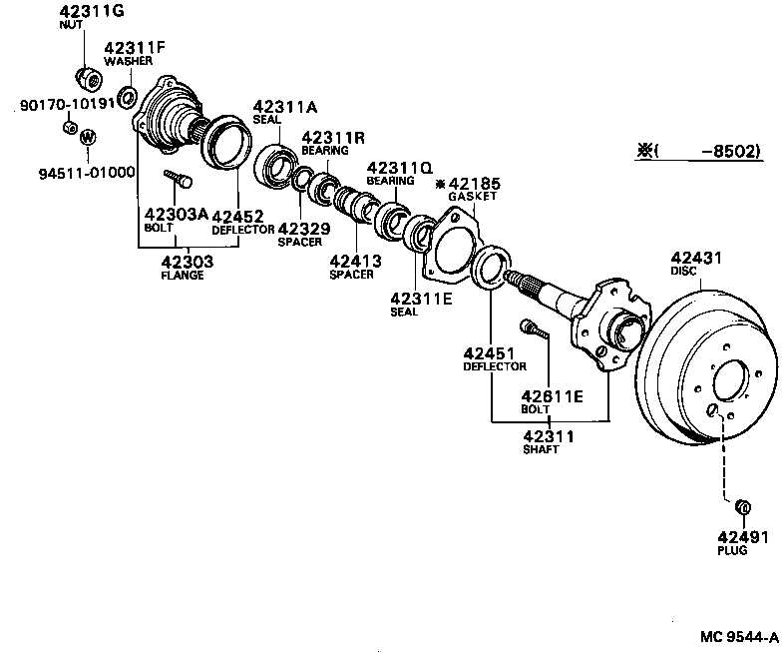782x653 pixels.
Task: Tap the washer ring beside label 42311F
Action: tap(128, 97)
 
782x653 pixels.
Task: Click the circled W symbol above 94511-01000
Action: tap(87, 137)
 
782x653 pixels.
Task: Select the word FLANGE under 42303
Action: tap(183, 275)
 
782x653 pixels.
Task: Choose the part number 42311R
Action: tap(333, 137)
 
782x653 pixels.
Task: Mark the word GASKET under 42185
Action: tap(473, 197)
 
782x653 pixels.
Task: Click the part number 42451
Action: tap(489, 352)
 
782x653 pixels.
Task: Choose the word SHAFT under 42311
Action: tap(541, 449)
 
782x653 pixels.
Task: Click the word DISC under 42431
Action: tap(684, 271)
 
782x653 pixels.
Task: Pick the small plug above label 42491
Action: tap(741, 508)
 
